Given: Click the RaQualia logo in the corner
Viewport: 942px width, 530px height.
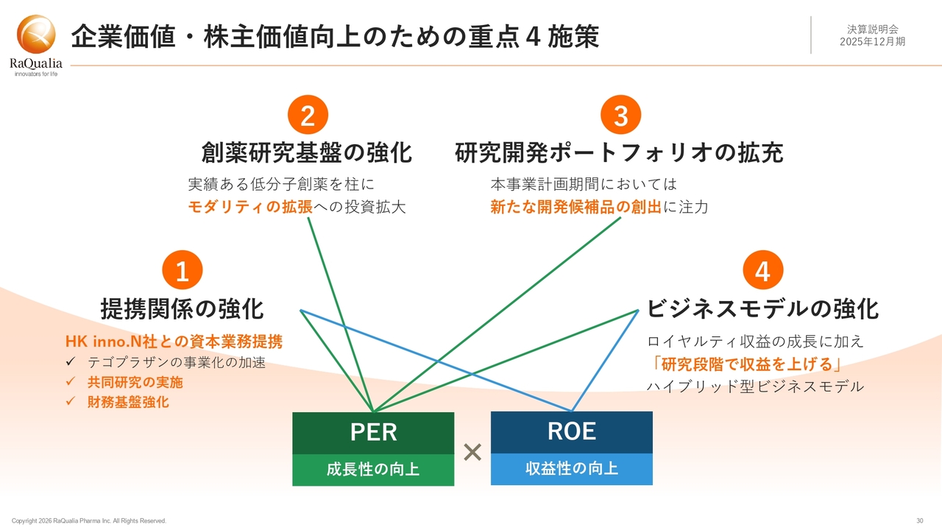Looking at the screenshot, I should (x=36, y=44).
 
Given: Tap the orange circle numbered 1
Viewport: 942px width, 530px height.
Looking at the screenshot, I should (x=182, y=272).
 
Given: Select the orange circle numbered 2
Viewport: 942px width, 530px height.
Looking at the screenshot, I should (x=308, y=116).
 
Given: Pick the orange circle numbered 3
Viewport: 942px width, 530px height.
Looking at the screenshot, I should (x=621, y=116).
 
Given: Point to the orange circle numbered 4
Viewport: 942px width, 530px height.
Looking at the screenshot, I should (x=763, y=272).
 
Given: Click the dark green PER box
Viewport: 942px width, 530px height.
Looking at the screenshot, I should (x=373, y=433).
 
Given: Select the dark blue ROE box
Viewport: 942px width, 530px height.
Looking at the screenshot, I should (x=572, y=432).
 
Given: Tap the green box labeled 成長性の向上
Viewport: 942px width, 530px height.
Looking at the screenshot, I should (x=373, y=470).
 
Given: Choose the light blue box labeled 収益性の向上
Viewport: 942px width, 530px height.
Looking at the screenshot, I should (x=572, y=469).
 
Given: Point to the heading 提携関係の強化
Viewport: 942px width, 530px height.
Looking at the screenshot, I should (x=182, y=309).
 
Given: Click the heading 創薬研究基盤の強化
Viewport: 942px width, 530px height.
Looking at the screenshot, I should (x=306, y=153).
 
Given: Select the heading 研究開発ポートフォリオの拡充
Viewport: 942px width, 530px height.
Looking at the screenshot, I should (x=619, y=153).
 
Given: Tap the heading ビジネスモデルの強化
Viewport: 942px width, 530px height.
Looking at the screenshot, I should (x=762, y=309).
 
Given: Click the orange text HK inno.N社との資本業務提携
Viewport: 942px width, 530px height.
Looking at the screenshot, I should (x=174, y=342).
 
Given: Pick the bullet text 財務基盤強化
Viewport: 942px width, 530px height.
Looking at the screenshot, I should (x=128, y=402).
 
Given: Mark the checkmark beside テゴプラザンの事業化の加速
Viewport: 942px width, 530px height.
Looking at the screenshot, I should (x=71, y=362).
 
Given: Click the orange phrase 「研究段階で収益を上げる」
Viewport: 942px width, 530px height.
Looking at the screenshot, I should (x=744, y=364).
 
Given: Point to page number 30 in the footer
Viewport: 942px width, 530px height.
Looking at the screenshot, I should (x=920, y=521).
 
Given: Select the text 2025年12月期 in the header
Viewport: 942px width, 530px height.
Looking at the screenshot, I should (x=872, y=41).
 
